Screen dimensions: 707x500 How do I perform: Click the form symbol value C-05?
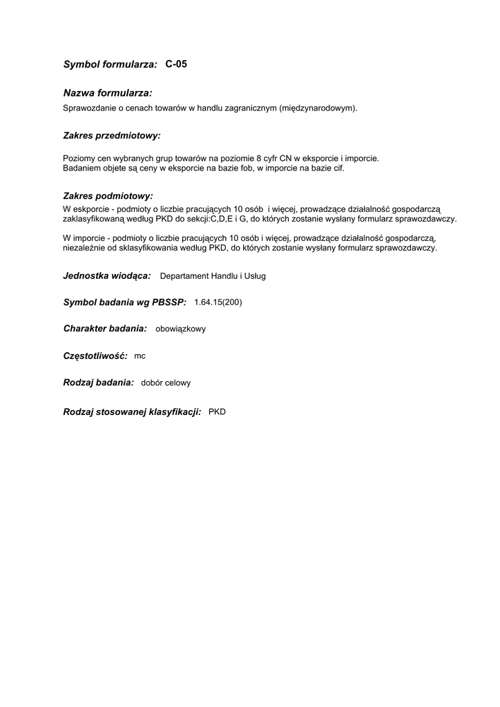coord(176,64)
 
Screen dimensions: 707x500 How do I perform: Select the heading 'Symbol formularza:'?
coord(110,65)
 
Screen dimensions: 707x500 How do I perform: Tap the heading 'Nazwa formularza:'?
coord(108,93)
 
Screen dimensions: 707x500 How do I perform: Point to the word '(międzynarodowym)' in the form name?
coord(318,108)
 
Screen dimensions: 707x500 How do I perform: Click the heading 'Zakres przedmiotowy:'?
coord(112,136)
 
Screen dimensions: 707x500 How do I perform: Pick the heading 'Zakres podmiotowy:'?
coord(108,196)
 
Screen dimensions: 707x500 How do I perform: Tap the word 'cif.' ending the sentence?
coord(337,168)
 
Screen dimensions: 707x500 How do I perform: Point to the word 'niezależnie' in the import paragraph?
coord(84,248)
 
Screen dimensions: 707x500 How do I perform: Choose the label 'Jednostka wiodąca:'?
coord(107,275)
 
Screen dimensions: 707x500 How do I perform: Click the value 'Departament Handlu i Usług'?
coord(213,276)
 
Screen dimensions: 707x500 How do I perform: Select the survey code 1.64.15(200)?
coord(218,302)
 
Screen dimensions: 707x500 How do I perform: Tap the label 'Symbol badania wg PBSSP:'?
coord(125,302)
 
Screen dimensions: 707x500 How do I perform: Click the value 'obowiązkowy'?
coord(181,329)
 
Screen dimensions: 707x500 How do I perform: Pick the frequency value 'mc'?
coord(140,356)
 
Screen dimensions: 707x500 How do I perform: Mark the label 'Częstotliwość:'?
coord(95,356)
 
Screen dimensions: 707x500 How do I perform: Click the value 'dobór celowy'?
coord(166,382)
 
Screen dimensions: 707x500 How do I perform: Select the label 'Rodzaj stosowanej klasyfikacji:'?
coord(132,411)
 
